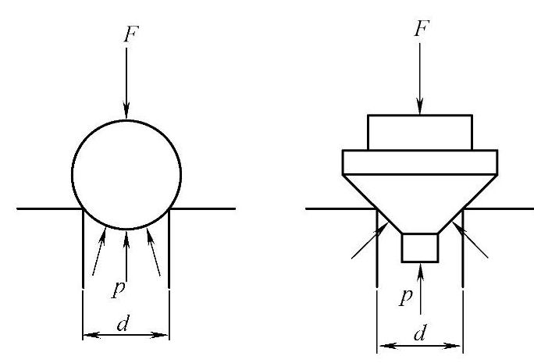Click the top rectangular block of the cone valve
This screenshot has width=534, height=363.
coord(420,132)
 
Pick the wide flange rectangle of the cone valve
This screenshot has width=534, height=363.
coord(420,162)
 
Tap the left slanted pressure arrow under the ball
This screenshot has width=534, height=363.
coord(98,251)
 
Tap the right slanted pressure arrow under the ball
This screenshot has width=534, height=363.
coord(154,251)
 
